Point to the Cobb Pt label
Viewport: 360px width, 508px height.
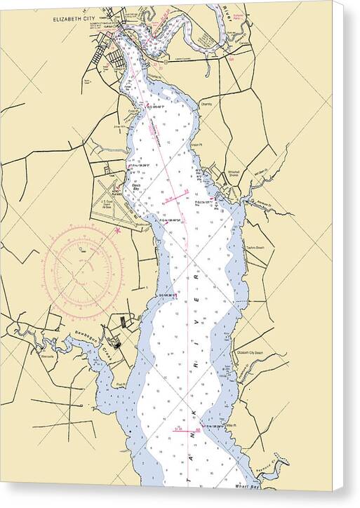coord(133,111)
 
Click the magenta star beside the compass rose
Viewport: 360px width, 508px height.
coord(117,229)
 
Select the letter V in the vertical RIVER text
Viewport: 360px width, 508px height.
coord(196,288)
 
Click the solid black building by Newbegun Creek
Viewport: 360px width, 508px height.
coord(118,345)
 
